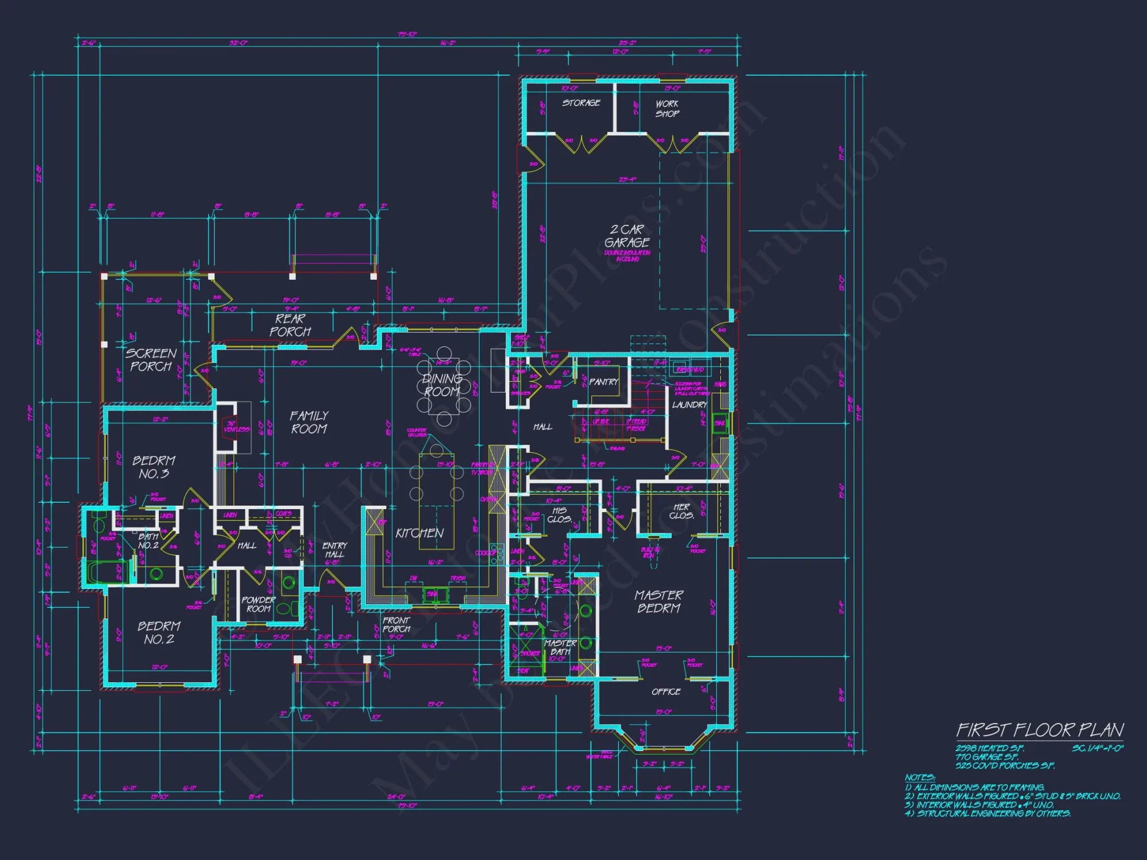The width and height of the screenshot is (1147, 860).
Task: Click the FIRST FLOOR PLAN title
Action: point(1039,730)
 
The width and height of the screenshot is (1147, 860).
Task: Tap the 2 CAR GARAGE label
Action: point(627,236)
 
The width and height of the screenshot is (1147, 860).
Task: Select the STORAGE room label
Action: point(581,103)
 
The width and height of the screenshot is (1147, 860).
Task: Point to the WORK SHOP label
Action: point(667,109)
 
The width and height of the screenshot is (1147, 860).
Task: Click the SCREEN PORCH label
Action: point(151,359)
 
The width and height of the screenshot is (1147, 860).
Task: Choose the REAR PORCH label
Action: point(290,325)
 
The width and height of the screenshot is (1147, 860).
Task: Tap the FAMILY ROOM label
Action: point(309,422)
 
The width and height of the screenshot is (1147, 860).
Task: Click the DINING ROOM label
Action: point(442,385)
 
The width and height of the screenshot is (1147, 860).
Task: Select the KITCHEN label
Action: point(419,533)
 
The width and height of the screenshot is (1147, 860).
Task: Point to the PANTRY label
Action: point(603,382)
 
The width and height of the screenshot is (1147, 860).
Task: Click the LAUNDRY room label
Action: point(689,405)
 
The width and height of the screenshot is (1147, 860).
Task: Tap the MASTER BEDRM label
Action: point(658,601)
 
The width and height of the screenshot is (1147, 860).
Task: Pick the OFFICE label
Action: point(666,692)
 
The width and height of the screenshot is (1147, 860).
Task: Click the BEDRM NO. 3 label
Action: point(154,467)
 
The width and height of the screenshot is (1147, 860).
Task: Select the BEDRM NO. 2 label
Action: point(159,632)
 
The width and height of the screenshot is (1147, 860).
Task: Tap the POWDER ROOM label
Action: point(259,604)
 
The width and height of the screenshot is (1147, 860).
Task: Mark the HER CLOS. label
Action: point(681,511)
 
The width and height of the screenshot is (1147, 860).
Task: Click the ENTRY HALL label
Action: point(334,550)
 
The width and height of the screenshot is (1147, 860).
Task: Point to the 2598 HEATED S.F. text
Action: point(989,749)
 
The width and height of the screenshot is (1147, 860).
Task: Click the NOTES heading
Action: point(920,777)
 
